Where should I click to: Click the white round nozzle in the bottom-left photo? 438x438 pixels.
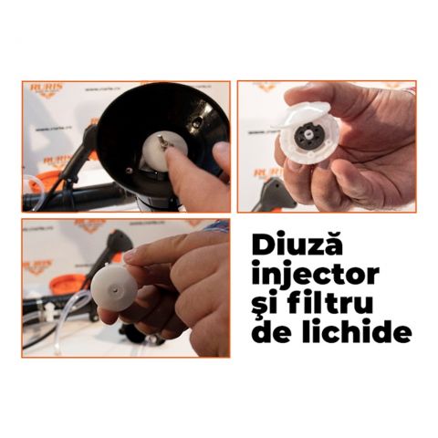coord(113,287)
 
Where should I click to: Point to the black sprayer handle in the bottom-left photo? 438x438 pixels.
coord(115,247)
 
